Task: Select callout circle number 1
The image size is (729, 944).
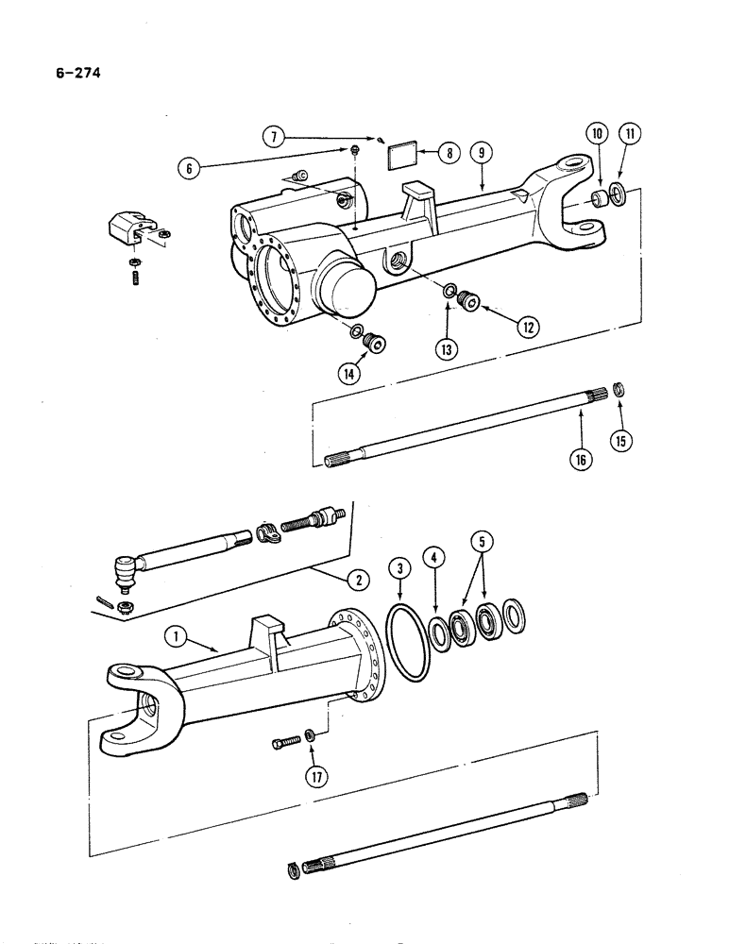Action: (175, 638)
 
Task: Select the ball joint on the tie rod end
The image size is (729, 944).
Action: (123, 570)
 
